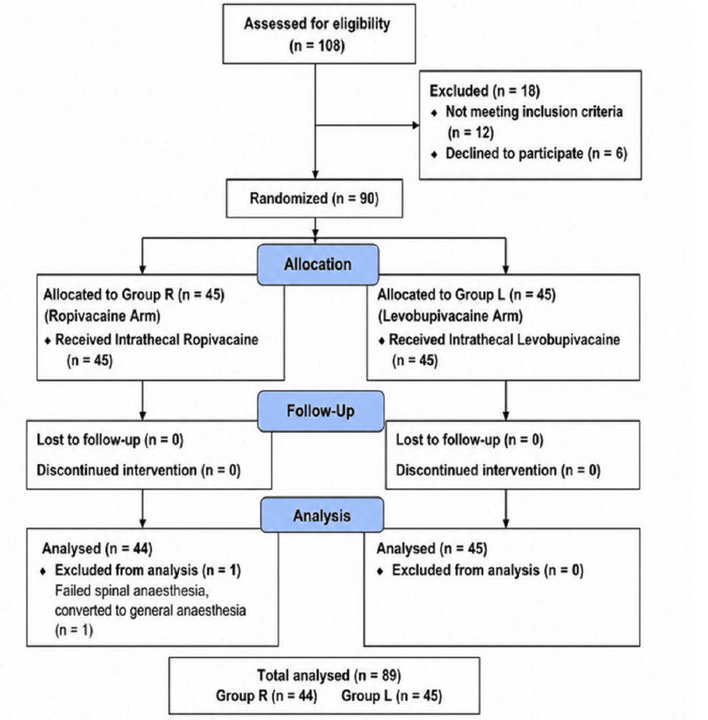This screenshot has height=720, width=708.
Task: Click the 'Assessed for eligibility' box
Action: point(319,34)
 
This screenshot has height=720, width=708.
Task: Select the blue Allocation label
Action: point(318,264)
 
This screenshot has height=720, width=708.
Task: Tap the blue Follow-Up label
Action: point(321,411)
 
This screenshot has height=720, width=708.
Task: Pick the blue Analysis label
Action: point(322,515)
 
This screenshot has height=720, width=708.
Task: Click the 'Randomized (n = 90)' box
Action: point(315,198)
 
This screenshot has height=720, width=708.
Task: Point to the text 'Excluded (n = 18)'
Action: point(485,91)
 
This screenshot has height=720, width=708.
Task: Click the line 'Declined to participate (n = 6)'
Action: point(536,154)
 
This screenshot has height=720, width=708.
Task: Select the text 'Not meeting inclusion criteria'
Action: point(534,111)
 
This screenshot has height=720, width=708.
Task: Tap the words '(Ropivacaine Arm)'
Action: point(102,316)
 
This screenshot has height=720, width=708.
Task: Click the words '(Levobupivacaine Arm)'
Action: point(450,316)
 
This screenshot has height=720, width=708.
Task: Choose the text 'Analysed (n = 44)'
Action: point(98,548)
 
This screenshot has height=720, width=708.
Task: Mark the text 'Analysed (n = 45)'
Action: point(432,548)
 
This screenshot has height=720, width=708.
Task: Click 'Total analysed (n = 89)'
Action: point(329,675)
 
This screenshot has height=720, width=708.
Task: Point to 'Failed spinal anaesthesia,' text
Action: point(132,591)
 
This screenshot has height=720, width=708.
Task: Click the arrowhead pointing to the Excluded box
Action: point(416,126)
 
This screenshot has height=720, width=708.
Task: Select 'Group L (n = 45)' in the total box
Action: point(391,696)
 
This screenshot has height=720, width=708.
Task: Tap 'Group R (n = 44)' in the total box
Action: point(266,696)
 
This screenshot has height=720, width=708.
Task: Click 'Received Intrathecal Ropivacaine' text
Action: point(157,340)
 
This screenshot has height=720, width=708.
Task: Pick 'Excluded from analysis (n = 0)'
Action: point(488,570)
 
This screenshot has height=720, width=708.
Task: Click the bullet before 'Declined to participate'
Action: point(434,154)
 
